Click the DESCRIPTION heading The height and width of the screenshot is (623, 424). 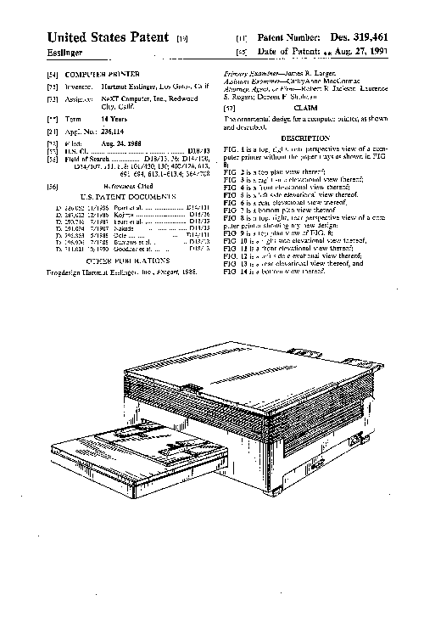(x=304, y=138)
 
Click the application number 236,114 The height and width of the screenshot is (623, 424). (x=102, y=133)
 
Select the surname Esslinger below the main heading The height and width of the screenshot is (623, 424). (x=64, y=53)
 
